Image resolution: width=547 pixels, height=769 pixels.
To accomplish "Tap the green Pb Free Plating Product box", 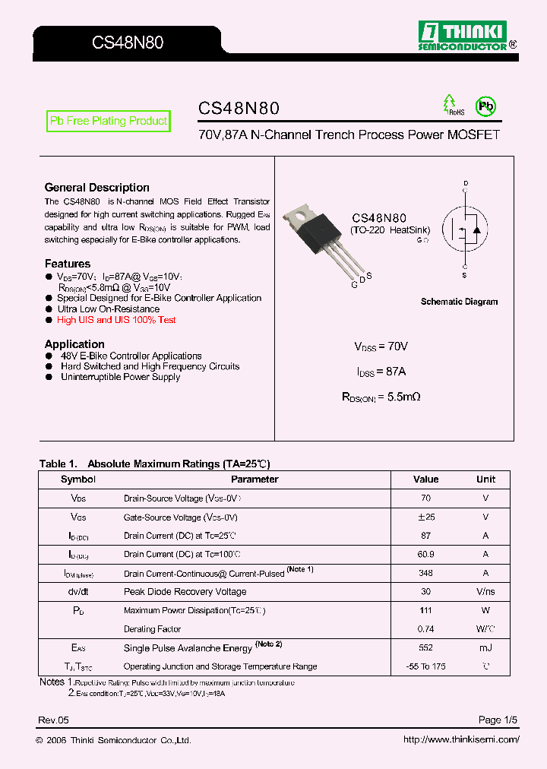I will [x=108, y=122].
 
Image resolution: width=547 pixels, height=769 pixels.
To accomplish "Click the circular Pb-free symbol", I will [x=485, y=106].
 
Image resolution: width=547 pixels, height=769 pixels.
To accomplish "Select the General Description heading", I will [x=96, y=188].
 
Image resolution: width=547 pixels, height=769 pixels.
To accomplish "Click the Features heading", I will [x=67, y=264].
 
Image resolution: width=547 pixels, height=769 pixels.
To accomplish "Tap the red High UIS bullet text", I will [x=116, y=320].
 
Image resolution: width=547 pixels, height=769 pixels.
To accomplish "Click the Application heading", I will [x=74, y=344].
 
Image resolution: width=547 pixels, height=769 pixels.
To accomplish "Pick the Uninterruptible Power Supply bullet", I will [x=120, y=377].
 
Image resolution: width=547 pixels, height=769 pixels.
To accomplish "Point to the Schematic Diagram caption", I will [x=459, y=302].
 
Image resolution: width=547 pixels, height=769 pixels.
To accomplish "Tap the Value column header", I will [x=425, y=479].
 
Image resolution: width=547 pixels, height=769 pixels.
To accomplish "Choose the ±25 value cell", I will [x=425, y=517].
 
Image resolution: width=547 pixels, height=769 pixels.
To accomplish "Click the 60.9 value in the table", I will [x=425, y=554].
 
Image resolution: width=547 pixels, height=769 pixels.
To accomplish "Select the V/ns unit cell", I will [x=485, y=591].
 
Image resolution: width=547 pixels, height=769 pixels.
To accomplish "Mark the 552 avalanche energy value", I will [x=425, y=647].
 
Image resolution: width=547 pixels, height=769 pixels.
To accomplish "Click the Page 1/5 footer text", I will [x=498, y=720].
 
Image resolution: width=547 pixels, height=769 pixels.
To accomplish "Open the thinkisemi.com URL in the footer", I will [x=461, y=740].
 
